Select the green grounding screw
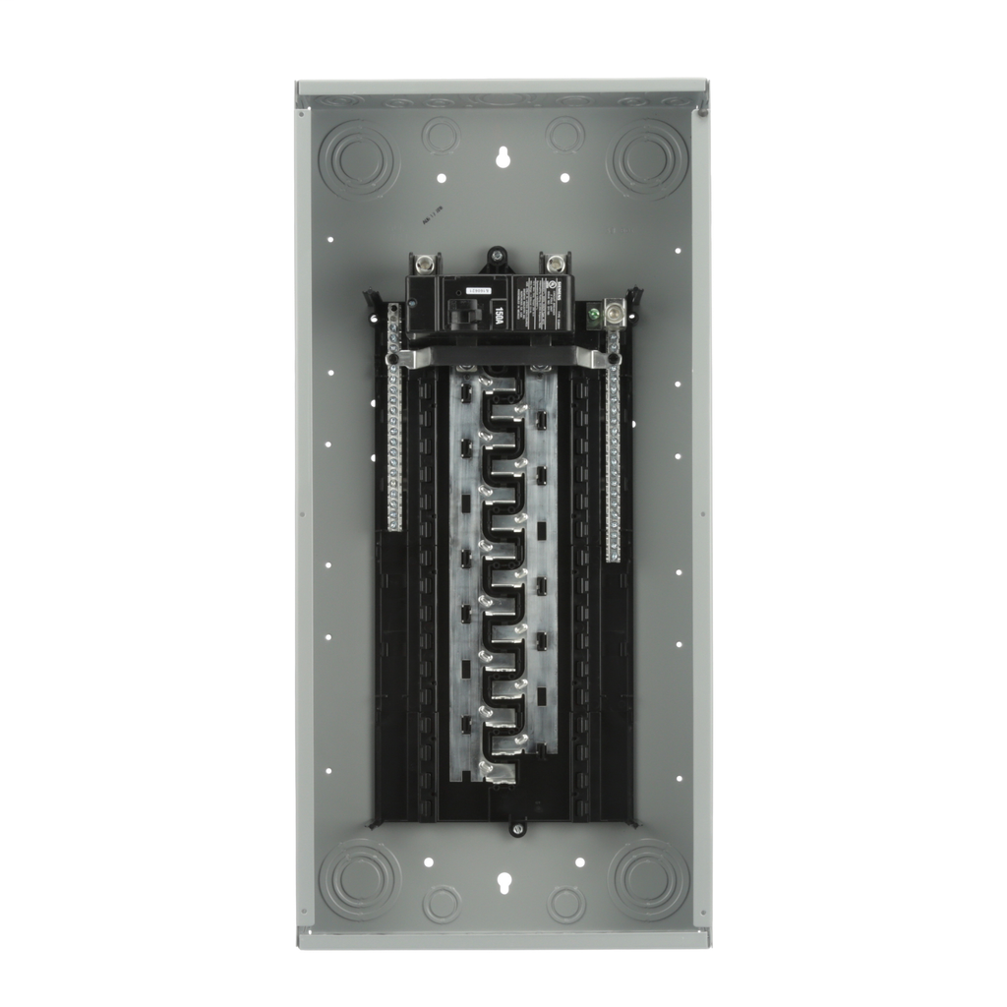(x=593, y=317)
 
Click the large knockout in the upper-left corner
(x=359, y=158)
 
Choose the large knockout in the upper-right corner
(x=646, y=158)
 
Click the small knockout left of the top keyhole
(x=440, y=135)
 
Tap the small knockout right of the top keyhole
(x=565, y=135)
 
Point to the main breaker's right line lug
(x=555, y=264)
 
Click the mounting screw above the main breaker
(x=498, y=258)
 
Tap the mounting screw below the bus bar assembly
(x=517, y=828)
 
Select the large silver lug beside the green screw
(x=616, y=314)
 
